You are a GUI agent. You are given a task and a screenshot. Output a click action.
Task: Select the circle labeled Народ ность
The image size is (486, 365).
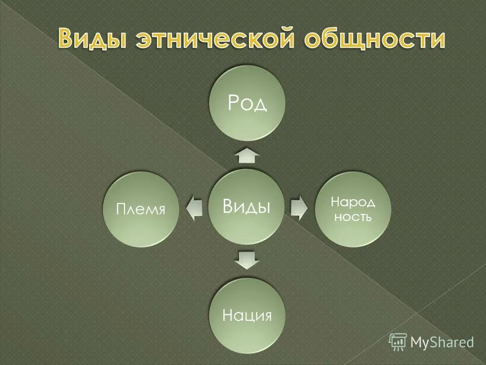[353, 209]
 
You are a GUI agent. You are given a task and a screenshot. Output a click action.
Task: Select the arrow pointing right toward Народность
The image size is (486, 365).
[299, 207]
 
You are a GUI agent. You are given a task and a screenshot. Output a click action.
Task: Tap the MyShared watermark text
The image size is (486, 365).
[442, 342]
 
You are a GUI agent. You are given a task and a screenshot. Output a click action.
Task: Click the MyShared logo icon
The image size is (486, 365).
[398, 342]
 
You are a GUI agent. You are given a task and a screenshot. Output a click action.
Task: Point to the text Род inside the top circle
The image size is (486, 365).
[248, 103]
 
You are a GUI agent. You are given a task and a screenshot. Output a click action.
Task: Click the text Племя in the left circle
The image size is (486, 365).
[141, 209]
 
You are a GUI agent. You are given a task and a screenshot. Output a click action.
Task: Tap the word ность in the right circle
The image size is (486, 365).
[353, 218]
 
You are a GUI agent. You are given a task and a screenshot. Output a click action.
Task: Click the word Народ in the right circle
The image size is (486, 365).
[353, 202]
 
